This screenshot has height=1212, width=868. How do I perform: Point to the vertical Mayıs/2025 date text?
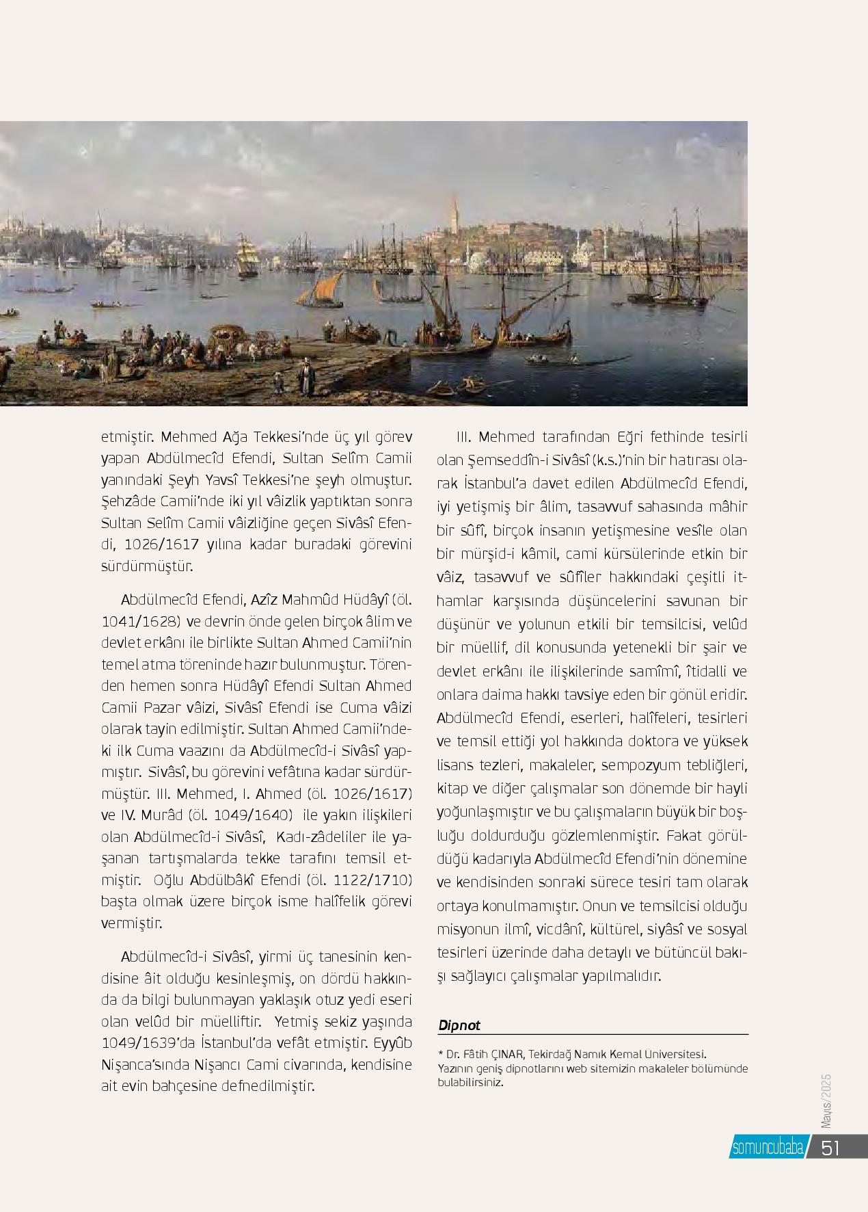coord(826,1101)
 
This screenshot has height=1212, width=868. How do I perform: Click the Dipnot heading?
coord(459,1025)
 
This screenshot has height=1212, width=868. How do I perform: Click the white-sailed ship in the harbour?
coord(245,254)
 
